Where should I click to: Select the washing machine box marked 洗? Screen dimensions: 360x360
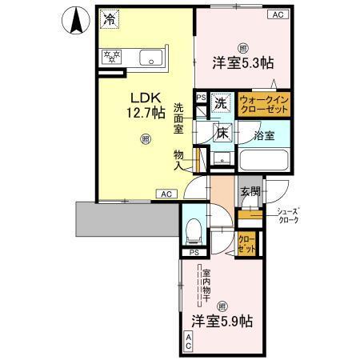click(x=220, y=102)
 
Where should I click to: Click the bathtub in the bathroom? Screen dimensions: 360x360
click(x=263, y=155)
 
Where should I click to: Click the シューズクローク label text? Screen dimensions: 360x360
click(x=287, y=215)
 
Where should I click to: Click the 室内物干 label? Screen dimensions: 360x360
click(x=206, y=285)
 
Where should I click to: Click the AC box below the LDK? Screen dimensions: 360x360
click(x=166, y=194)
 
